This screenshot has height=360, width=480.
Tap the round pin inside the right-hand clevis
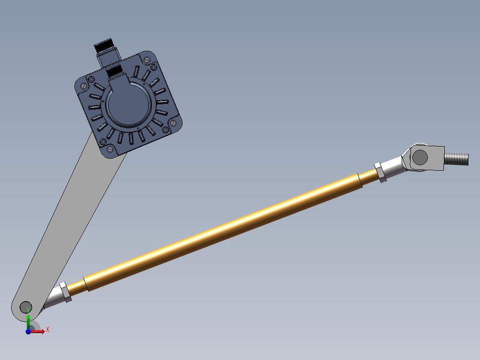pyautogui.click(x=420, y=157)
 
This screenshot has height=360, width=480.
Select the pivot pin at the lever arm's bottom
pyautogui.click(x=25, y=307)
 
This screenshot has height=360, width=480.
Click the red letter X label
pyautogui.click(x=47, y=329)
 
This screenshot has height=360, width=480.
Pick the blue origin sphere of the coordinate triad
pyautogui.click(x=28, y=332)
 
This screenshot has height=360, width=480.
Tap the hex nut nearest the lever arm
pyautogui.click(x=65, y=292)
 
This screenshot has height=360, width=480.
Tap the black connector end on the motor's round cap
pyautogui.click(x=115, y=71)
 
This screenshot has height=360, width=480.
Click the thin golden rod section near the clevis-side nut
pyautogui.click(x=369, y=177)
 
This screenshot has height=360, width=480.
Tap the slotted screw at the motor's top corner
pyautogui.click(x=146, y=59)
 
